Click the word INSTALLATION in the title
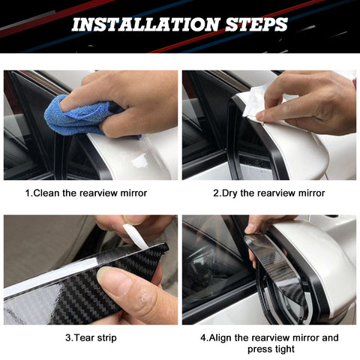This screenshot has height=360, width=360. point(145,25)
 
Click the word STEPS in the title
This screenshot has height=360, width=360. point(256,25)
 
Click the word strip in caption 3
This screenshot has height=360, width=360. point(106,338)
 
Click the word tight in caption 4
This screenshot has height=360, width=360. point(283,349)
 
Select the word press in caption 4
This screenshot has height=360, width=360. point(259,349)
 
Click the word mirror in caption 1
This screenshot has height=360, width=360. point(133,193)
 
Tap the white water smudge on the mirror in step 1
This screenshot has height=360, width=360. point(139,160)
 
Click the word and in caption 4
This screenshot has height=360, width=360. point(330,337)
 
